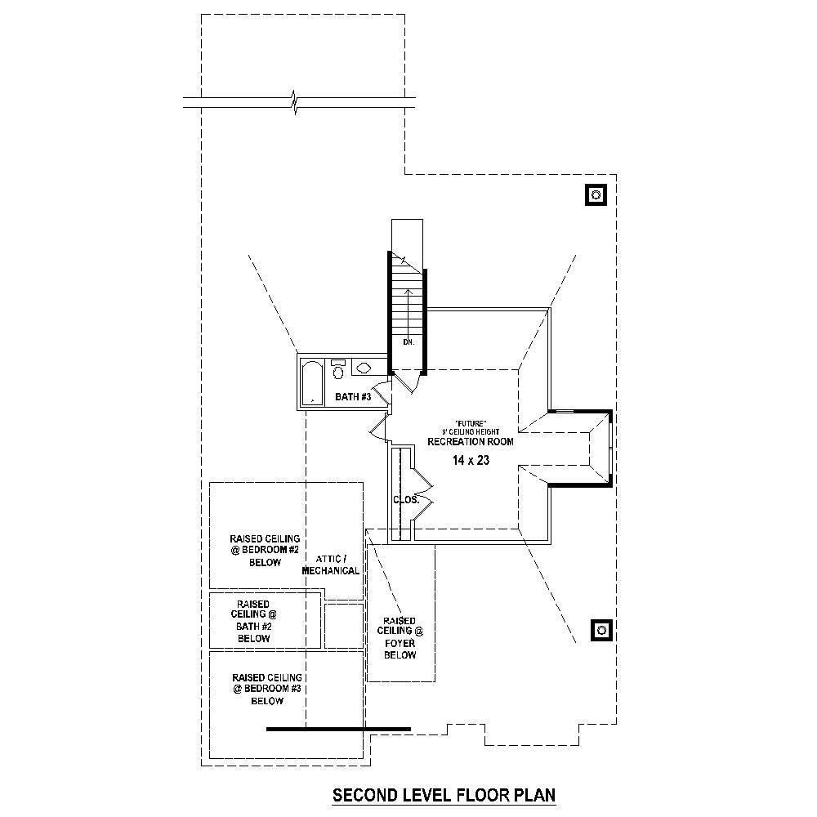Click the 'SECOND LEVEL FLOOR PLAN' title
pyautogui.click(x=444, y=794)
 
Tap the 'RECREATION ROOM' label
pyautogui.click(x=471, y=442)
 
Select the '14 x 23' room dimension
pyautogui.click(x=471, y=461)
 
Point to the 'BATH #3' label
pyautogui.click(x=353, y=397)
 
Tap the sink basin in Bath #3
pyautogui.click(x=363, y=368)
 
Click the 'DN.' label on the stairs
pyautogui.click(x=408, y=342)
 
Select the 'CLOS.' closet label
pyautogui.click(x=406, y=499)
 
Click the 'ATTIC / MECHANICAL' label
pyautogui.click(x=331, y=565)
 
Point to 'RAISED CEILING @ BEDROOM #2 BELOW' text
pyautogui.click(x=265, y=551)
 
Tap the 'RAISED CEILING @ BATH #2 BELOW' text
pyautogui.click(x=254, y=621)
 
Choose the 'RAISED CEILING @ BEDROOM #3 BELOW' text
pyautogui.click(x=267, y=690)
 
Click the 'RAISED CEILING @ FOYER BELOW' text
pyautogui.click(x=400, y=638)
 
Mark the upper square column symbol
pyautogui.click(x=596, y=194)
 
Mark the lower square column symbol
pyautogui.click(x=600, y=630)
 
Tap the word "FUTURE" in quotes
pyautogui.click(x=471, y=422)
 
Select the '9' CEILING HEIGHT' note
pyautogui.click(x=471, y=431)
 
